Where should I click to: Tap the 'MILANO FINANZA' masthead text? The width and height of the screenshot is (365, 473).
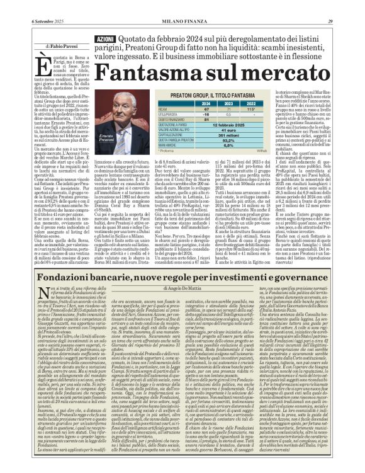click(182, 6)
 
